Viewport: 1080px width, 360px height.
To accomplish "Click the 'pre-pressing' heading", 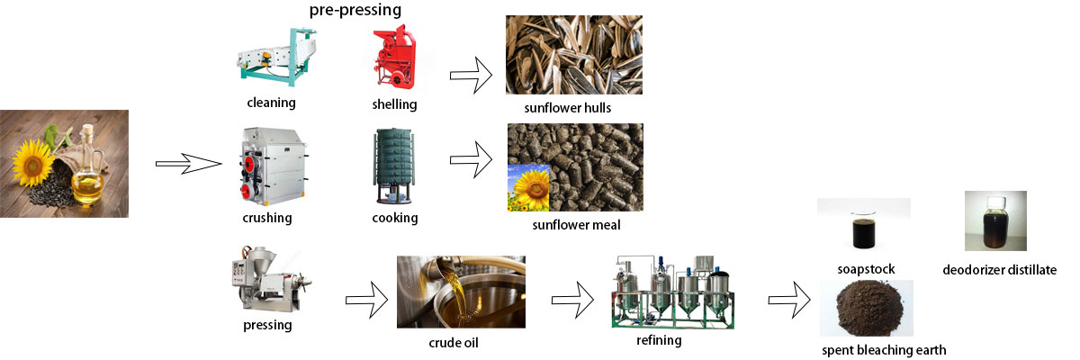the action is coord(355,10).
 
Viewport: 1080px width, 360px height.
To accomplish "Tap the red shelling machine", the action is coord(395,57).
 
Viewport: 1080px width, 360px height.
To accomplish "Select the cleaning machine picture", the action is coord(276,57).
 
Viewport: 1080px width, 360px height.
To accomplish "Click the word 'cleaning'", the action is coord(271,103).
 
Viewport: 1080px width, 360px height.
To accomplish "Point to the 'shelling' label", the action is coord(394,104).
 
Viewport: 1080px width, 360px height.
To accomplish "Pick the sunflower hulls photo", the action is coord(574,55).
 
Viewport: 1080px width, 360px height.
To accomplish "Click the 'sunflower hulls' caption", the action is coord(568,108).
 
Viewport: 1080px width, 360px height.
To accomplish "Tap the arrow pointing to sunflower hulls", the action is coord(471,76).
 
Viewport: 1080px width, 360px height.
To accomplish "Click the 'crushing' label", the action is coord(267,219).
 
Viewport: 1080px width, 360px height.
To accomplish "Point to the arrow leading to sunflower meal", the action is coord(471,159).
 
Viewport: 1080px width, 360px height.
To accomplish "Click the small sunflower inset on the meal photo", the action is coord(528,188).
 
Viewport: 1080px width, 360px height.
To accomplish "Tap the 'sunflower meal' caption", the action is coord(576,225).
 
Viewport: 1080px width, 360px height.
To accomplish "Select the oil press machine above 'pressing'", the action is coord(272,279).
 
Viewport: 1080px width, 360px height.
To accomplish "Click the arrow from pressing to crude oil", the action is coord(367,300).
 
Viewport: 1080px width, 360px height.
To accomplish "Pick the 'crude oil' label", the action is coord(454,343).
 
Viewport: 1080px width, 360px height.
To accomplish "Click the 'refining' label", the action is coord(659,341).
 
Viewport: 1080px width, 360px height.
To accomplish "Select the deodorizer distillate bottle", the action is coord(995,221).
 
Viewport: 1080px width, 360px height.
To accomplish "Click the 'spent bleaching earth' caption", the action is coord(884,350).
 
